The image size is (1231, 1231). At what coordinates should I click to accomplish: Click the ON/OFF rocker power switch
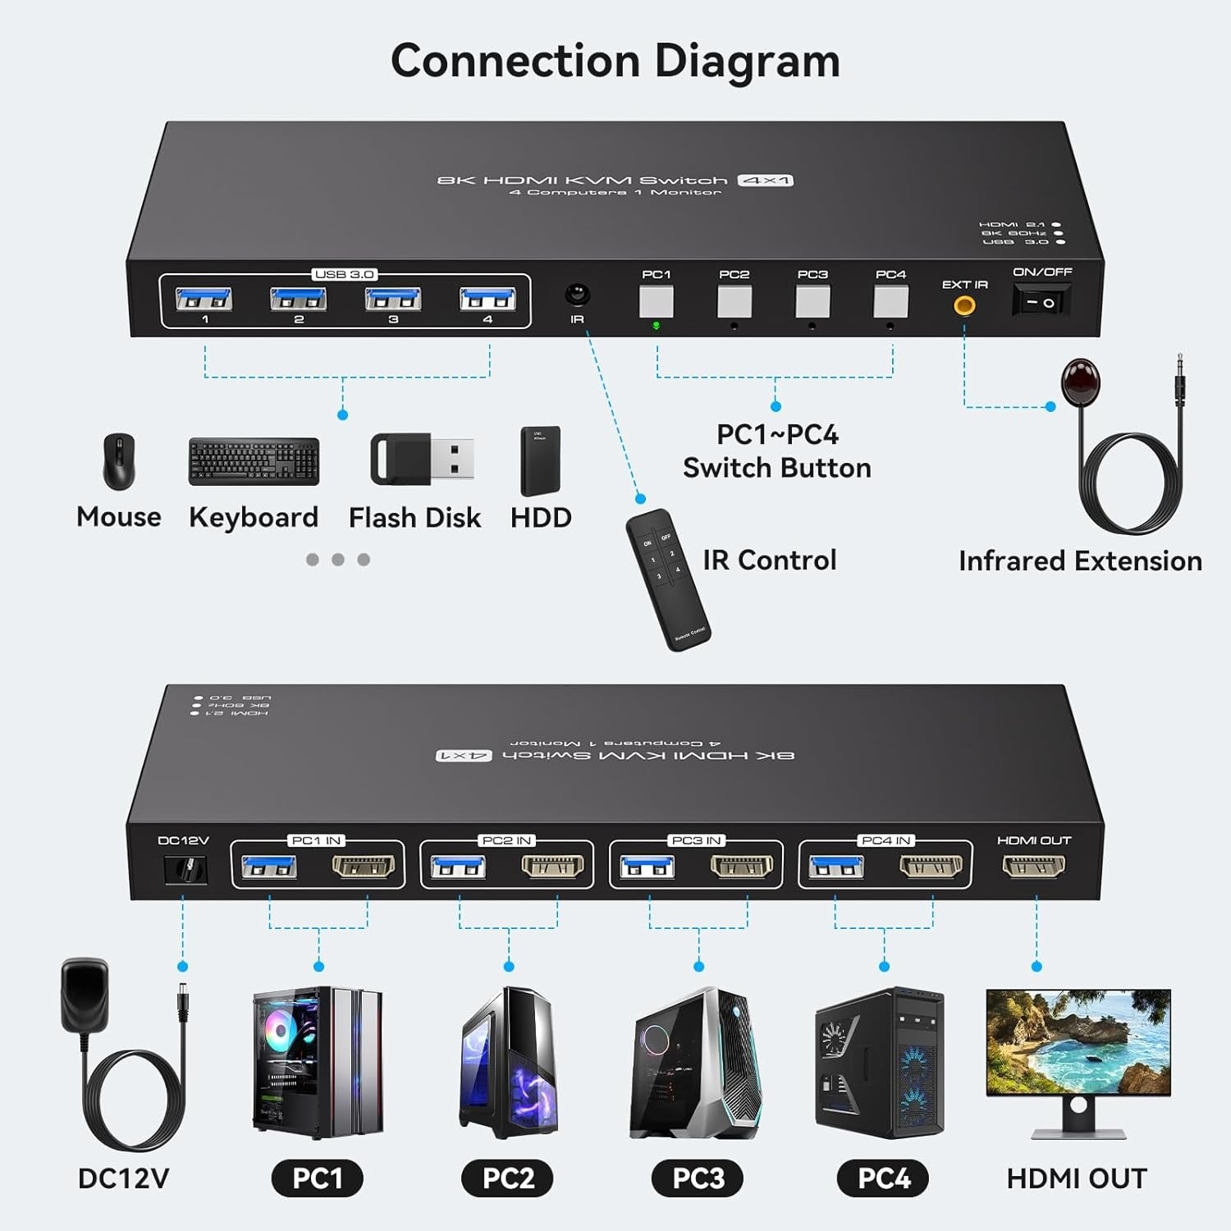click(1041, 302)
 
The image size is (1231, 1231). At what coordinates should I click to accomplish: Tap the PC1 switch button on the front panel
click(656, 301)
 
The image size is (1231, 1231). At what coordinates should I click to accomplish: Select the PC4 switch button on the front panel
click(890, 301)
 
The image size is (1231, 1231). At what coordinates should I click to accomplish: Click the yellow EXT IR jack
click(964, 306)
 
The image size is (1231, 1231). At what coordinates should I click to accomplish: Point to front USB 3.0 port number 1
click(204, 299)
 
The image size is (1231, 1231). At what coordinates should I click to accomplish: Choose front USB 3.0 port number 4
click(487, 299)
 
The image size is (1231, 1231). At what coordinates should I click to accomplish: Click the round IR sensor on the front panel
click(577, 295)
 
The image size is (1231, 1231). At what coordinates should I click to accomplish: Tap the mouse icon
click(118, 461)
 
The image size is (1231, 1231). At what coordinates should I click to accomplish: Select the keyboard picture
click(254, 461)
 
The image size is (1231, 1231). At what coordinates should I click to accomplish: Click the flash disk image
click(422, 458)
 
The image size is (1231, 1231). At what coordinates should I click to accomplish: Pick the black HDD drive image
click(540, 460)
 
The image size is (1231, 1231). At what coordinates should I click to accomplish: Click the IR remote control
click(667, 579)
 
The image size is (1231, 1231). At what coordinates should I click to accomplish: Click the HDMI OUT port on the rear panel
click(1034, 866)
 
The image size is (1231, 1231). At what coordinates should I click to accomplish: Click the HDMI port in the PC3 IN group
click(742, 867)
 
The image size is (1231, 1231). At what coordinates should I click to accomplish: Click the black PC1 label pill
click(318, 1178)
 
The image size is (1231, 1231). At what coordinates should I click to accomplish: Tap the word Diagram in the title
click(747, 62)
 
